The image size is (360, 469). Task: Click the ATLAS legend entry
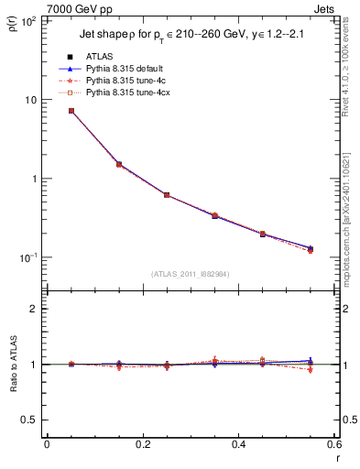tap(101, 57)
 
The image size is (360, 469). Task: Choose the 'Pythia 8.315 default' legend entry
tap(128, 69)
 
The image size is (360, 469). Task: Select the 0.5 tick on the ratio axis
tap(30, 420)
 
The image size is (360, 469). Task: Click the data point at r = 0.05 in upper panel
tap(71, 111)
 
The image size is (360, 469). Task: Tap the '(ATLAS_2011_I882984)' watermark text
tap(191, 273)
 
